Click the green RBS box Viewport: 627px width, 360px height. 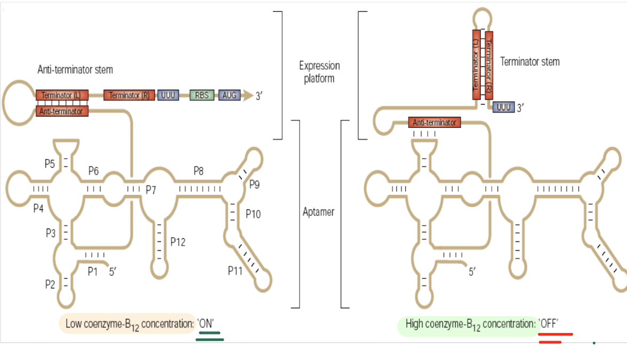tap(202, 95)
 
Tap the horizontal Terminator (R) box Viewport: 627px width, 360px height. tap(130, 95)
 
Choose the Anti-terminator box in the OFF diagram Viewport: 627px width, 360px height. tap(435, 122)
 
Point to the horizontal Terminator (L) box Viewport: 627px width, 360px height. tap(61, 95)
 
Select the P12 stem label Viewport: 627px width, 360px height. tap(178, 242)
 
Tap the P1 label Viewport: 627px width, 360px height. tap(93, 271)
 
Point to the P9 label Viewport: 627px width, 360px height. tap(254, 184)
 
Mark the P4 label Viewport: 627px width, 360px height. tap(38, 208)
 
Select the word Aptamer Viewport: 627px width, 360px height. tap(318, 212)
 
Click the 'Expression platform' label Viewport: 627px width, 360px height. tap(319, 72)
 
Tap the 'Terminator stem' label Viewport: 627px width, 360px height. tap(530, 61)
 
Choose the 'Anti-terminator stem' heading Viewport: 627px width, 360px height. tap(75, 69)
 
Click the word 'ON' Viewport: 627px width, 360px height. tap(206, 323)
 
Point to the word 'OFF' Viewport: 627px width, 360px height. tap(549, 323)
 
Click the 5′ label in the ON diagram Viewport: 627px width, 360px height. tap(113, 271)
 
